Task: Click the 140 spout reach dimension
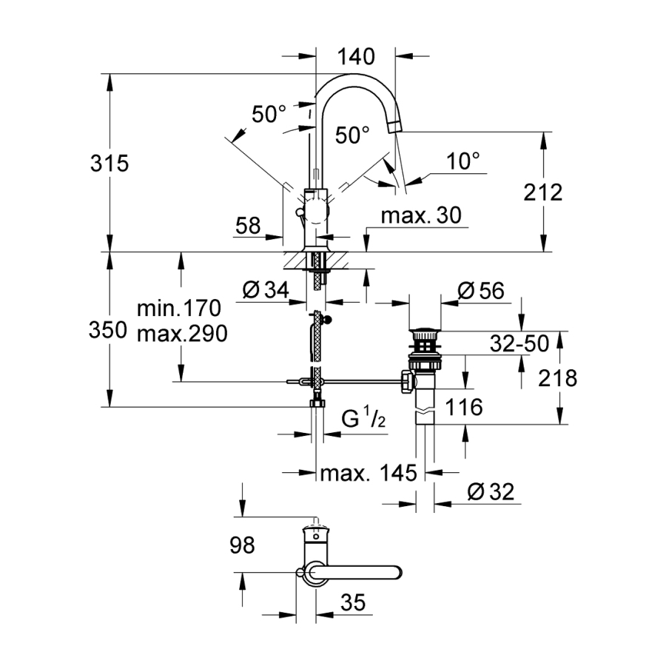click(355, 56)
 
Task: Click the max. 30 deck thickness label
click(421, 215)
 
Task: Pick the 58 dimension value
click(249, 226)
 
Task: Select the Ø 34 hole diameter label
click(265, 291)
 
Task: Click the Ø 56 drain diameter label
click(481, 291)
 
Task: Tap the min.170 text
click(180, 307)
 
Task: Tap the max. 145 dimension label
click(363, 473)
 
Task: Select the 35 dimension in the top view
click(354, 603)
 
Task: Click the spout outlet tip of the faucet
click(397, 124)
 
